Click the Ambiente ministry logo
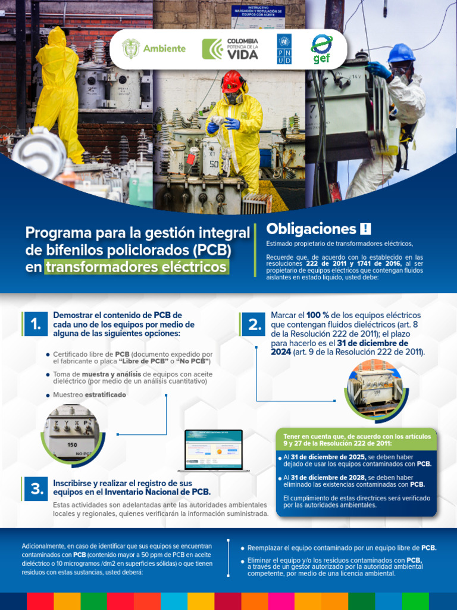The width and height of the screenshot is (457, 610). (154, 49)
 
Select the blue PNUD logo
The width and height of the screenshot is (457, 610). (284, 49)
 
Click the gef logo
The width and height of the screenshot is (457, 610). (321, 48)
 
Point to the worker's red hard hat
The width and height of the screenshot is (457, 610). (233, 81)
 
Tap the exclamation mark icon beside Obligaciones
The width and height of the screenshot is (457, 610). (365, 229)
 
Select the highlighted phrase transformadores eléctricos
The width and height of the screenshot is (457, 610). (136, 266)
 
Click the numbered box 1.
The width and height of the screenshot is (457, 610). (36, 324)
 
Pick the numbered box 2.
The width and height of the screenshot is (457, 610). (254, 325)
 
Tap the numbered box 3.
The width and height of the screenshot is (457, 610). (36, 489)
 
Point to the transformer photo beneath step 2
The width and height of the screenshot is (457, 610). (374, 389)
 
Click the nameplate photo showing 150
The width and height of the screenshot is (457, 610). (72, 433)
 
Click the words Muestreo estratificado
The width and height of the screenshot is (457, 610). (89, 395)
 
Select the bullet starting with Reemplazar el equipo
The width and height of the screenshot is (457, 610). (339, 547)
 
